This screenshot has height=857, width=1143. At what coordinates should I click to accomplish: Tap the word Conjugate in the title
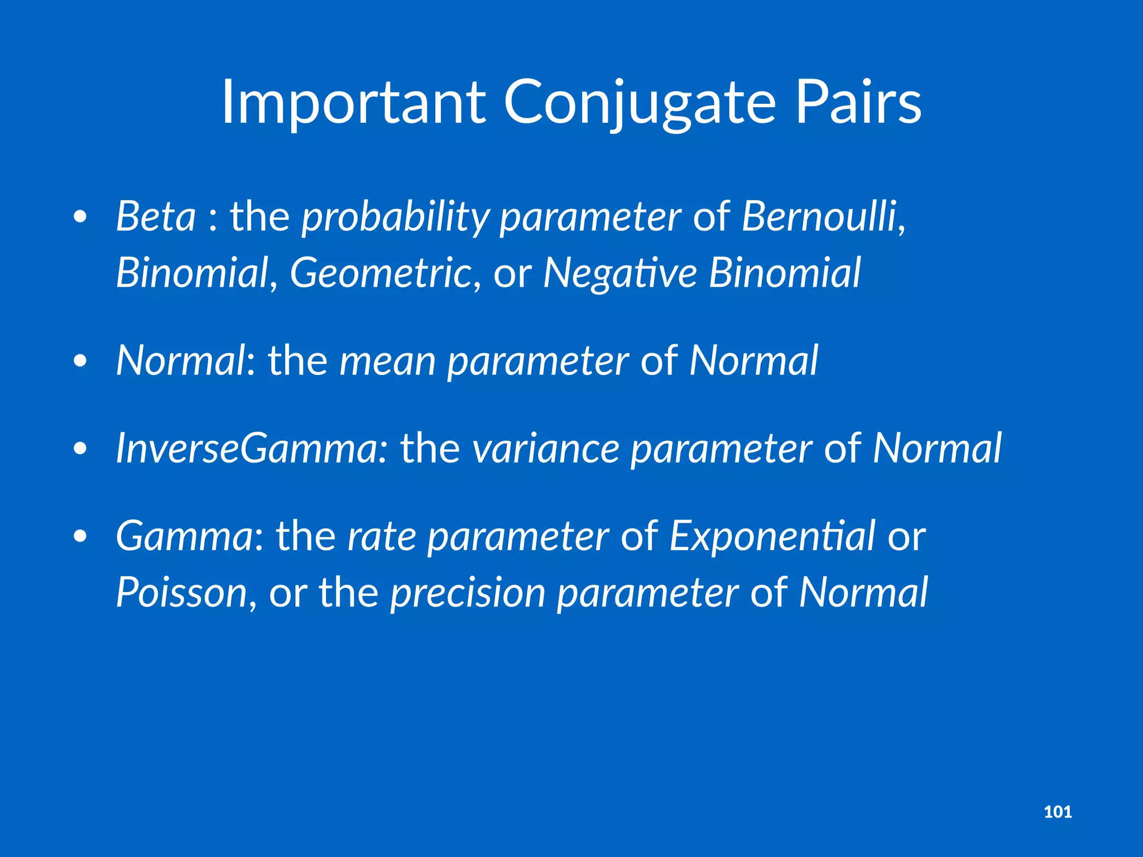click(x=640, y=103)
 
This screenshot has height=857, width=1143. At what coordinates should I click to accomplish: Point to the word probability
click(x=395, y=218)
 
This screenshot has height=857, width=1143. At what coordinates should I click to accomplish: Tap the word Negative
click(x=619, y=273)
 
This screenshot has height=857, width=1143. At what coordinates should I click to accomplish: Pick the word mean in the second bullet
click(x=387, y=362)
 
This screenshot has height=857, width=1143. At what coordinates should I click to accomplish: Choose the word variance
click(x=546, y=449)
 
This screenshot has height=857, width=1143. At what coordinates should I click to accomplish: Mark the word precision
click(x=468, y=593)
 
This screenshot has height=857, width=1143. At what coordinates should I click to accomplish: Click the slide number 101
click(x=1058, y=812)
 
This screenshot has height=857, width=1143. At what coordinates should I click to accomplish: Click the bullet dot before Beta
click(x=80, y=218)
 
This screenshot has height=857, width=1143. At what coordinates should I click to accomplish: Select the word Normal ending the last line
click(x=863, y=593)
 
